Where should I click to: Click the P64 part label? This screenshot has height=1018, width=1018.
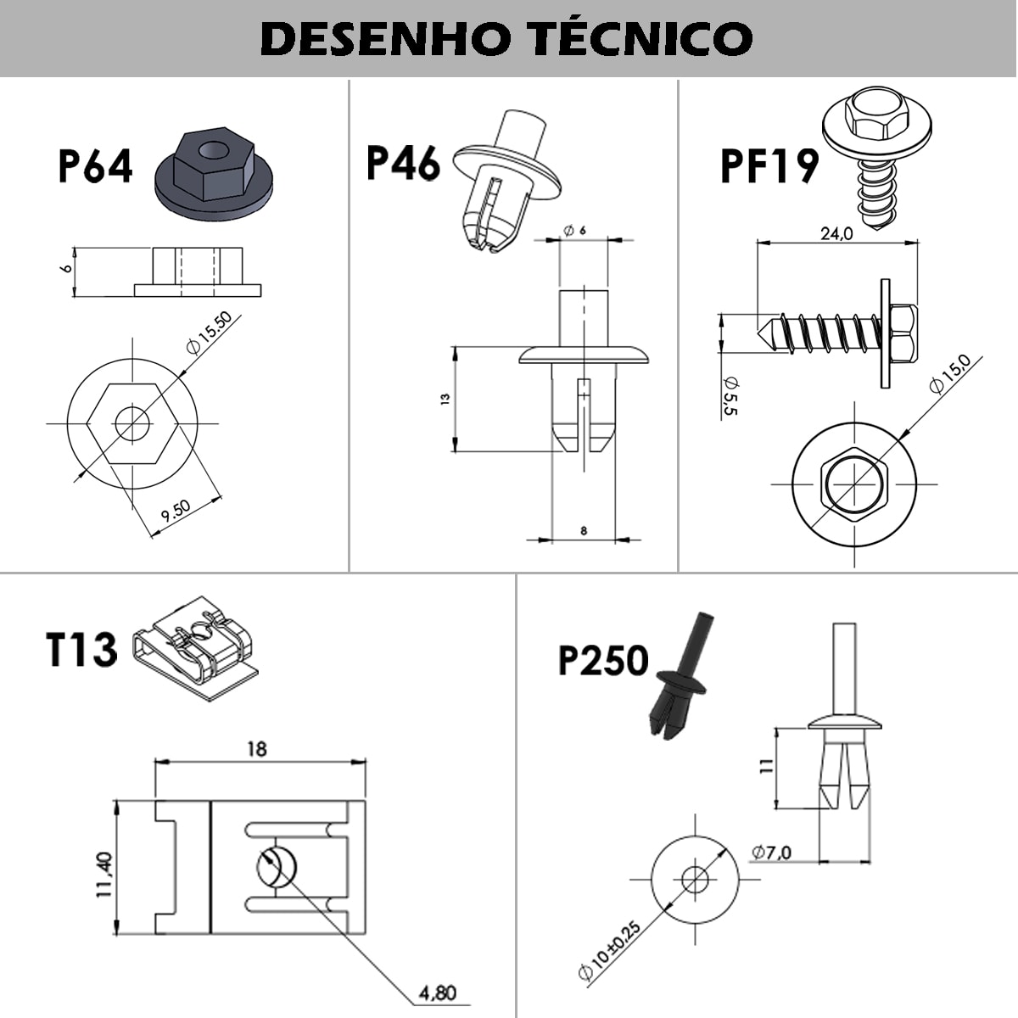tap(95, 166)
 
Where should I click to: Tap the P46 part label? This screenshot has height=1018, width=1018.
tap(403, 163)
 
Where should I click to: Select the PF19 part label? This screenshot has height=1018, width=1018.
tap(769, 166)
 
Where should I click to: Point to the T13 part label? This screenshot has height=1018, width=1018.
tap(81, 649)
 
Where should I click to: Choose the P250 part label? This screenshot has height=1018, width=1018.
tap(603, 660)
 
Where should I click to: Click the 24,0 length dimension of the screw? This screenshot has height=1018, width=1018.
tap(836, 235)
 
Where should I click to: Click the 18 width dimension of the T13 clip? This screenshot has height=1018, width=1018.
tap(257, 748)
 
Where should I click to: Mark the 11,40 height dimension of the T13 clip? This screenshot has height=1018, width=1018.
tap(103, 875)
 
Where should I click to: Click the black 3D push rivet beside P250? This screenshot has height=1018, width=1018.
tap(683, 679)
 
